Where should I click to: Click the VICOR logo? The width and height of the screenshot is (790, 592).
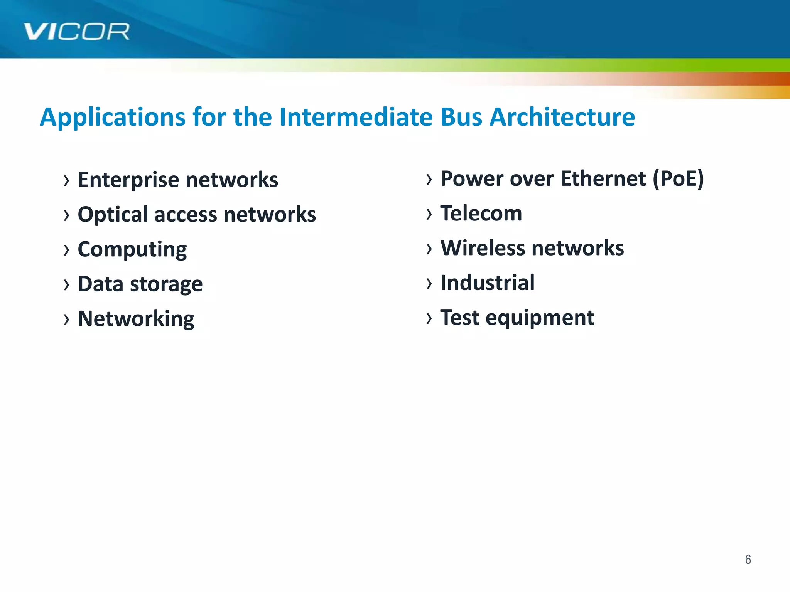[76, 32]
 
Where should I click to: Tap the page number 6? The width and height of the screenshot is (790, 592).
[748, 559]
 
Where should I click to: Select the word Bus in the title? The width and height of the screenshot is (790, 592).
[461, 117]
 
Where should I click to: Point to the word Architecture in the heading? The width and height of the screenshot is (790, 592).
[562, 117]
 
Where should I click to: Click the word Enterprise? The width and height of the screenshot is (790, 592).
[128, 180]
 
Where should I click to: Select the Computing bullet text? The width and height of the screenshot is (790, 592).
[132, 249]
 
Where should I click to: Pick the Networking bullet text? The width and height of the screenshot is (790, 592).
[136, 319]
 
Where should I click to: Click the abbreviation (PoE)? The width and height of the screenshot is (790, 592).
[678, 179]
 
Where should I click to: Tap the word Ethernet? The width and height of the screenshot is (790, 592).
[603, 179]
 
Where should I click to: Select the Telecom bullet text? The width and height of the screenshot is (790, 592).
[481, 214]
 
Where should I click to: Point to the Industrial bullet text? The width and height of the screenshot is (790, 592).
[487, 283]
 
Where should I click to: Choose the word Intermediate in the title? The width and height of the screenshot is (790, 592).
[356, 117]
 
